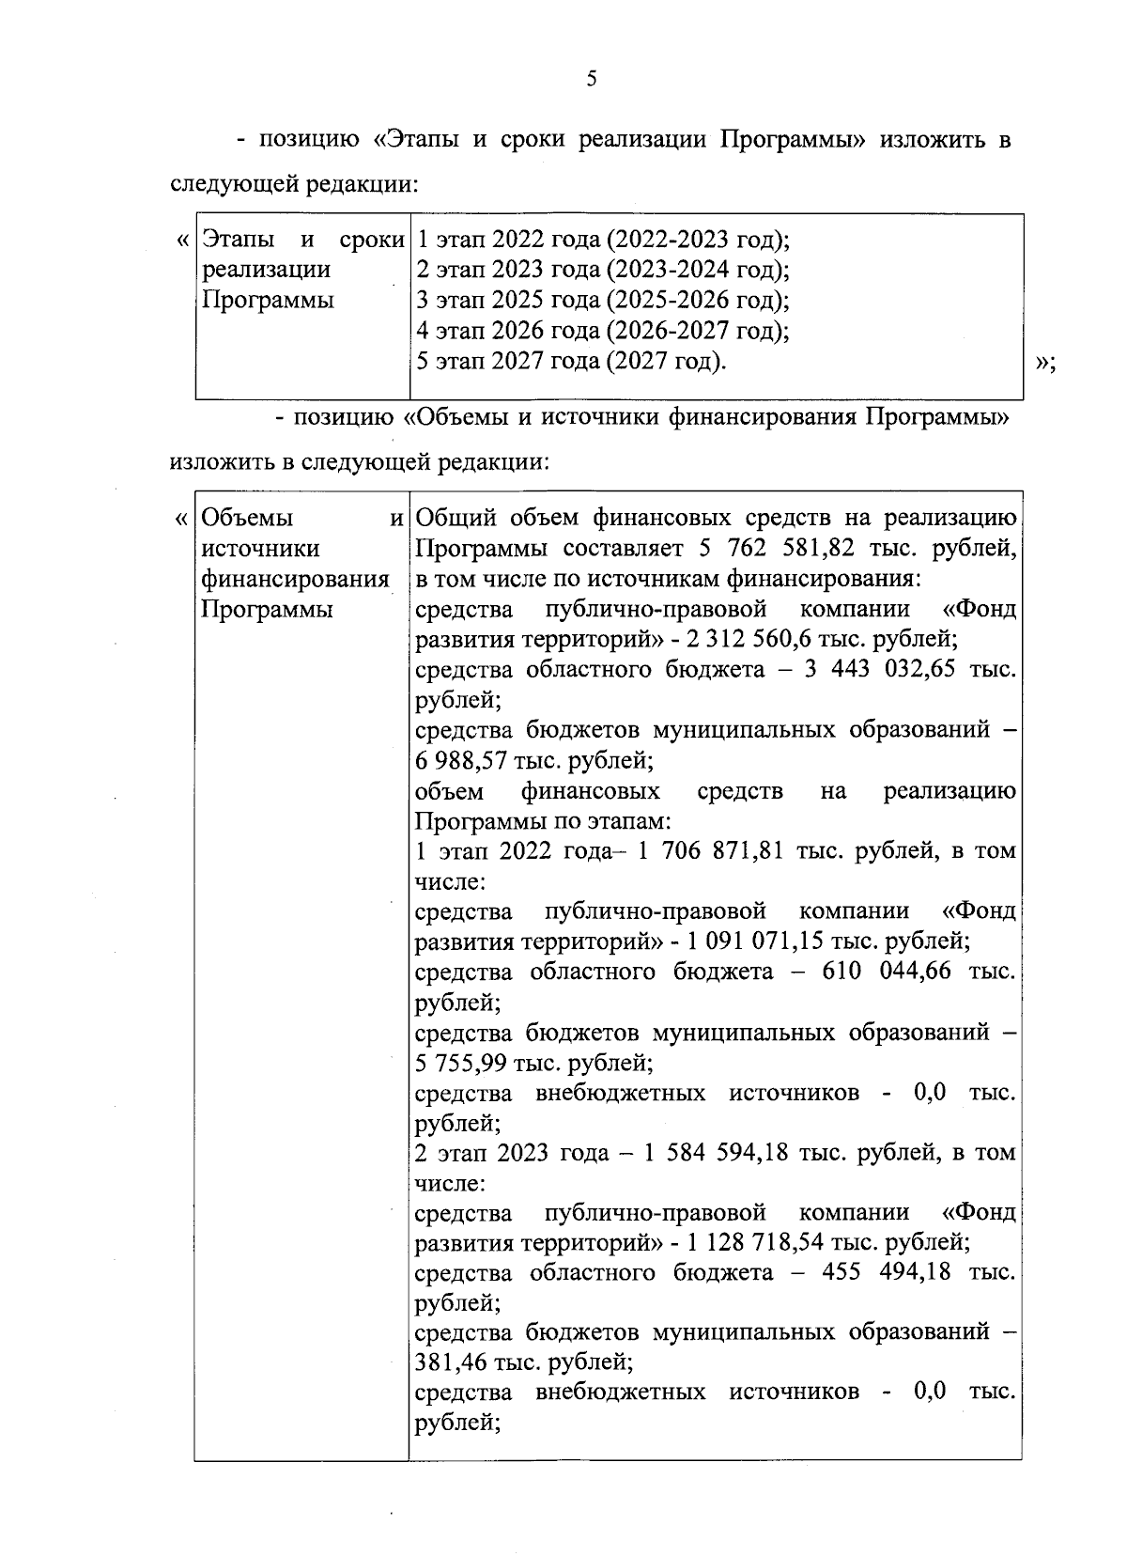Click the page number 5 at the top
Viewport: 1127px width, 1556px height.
[591, 80]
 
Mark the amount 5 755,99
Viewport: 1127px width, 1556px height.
[460, 1063]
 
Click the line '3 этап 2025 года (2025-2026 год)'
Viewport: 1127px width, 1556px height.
[602, 301]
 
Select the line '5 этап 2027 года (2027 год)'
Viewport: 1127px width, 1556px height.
[571, 361]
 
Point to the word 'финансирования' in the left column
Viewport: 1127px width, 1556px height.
[295, 579]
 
